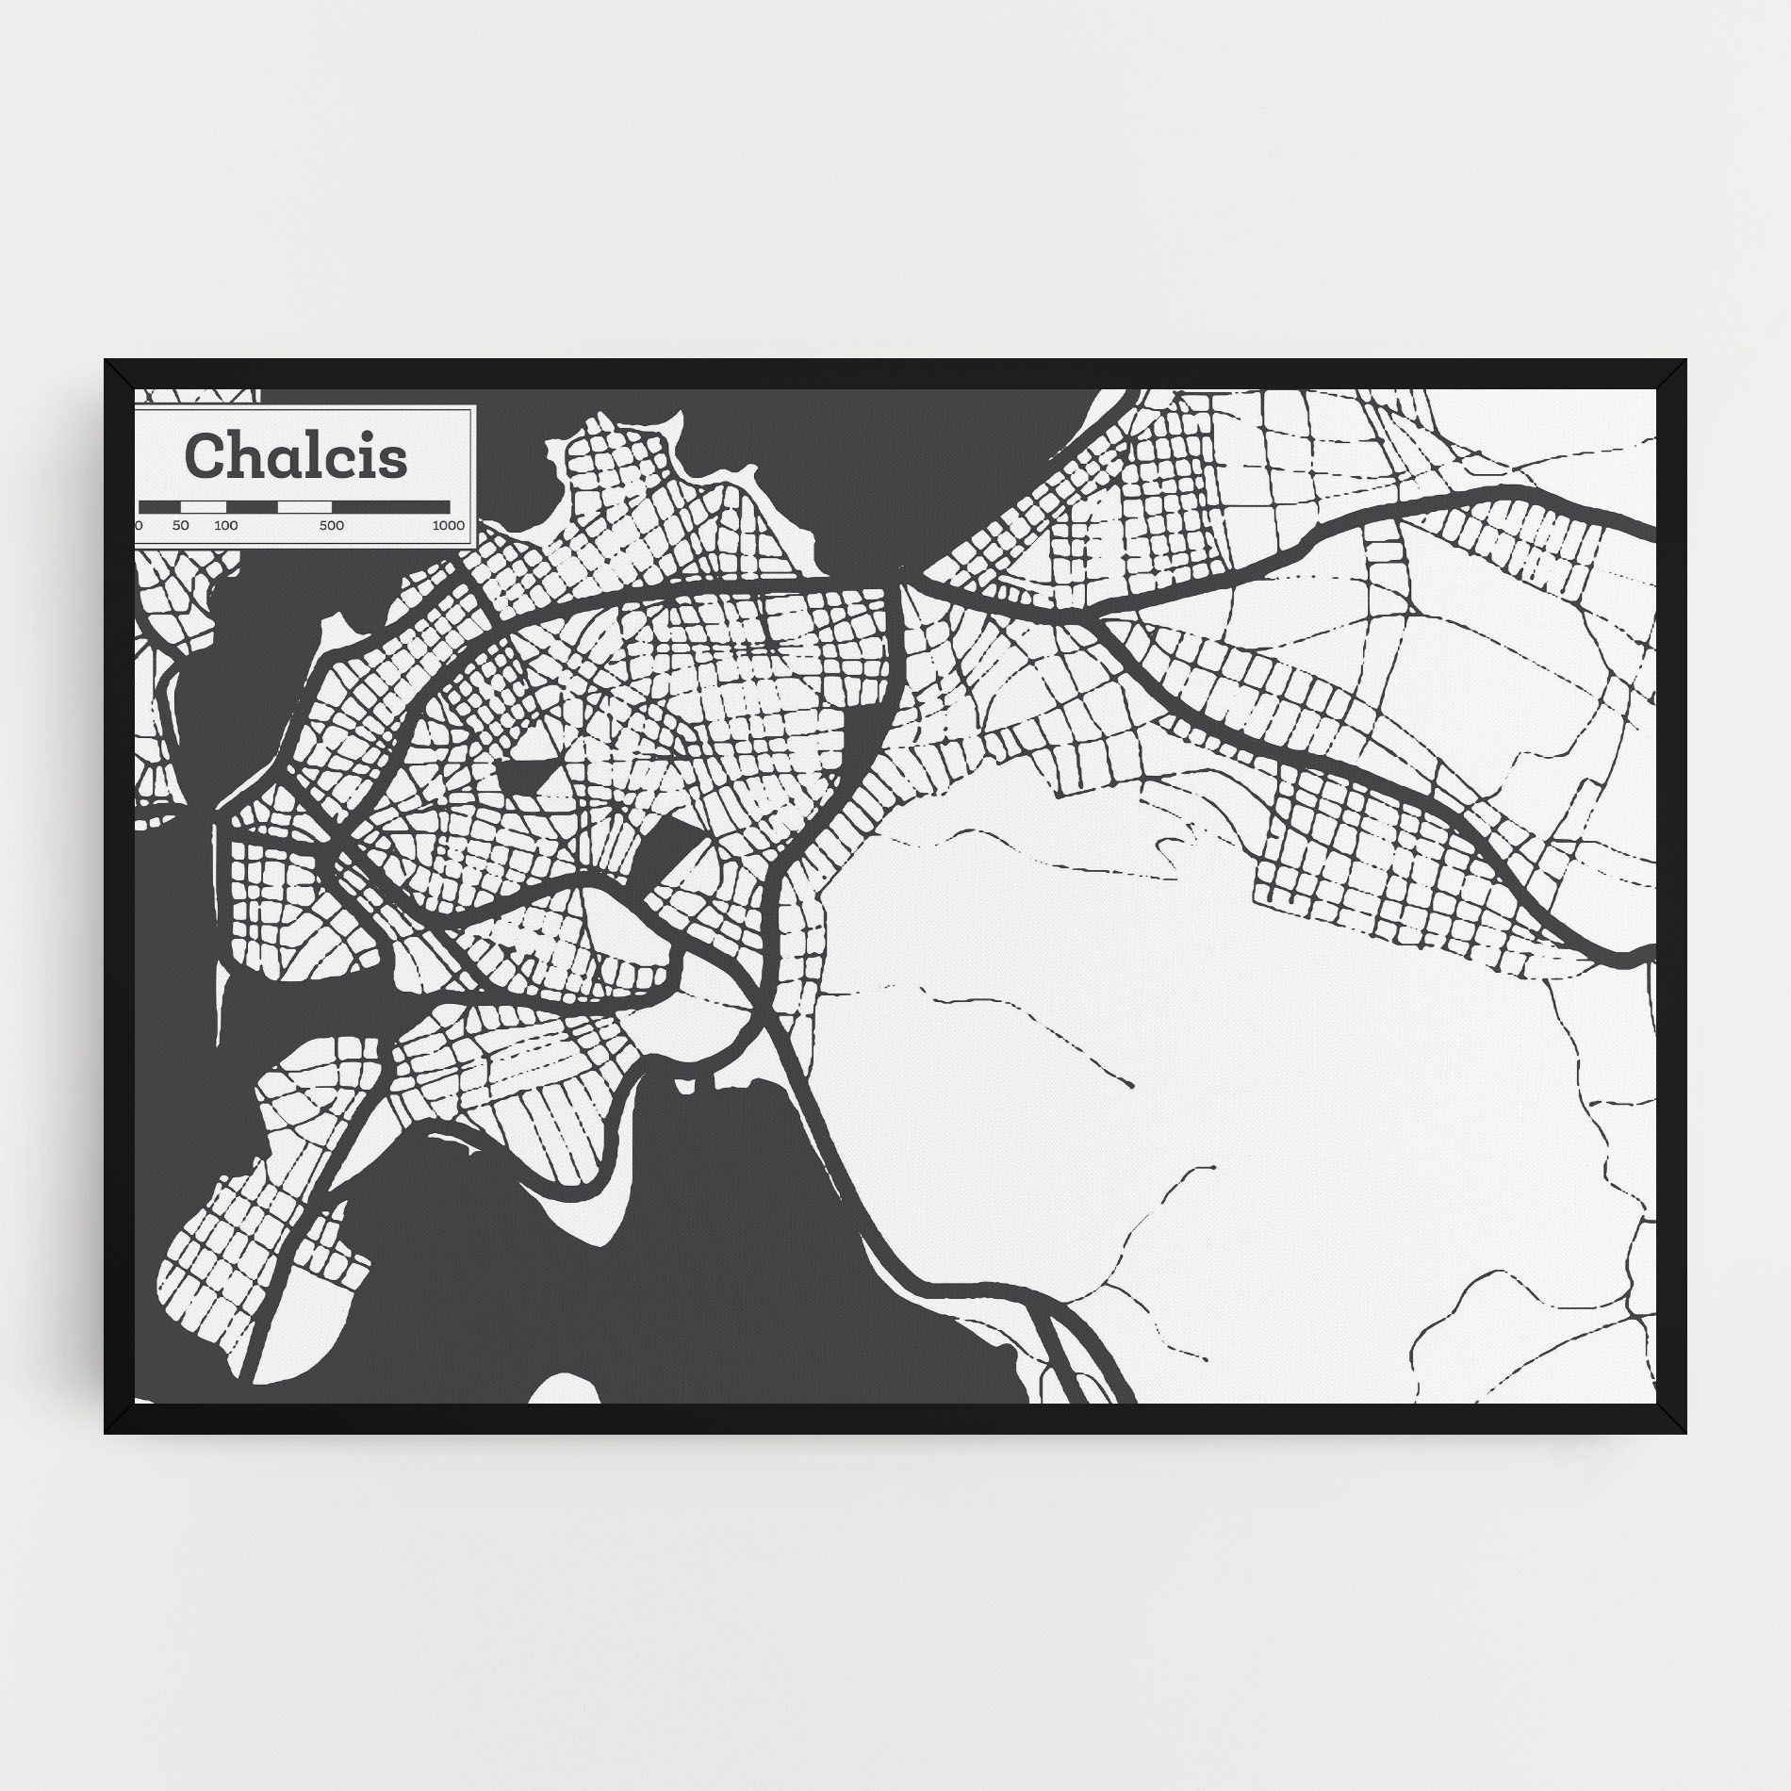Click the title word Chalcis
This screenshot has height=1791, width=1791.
pos(297,455)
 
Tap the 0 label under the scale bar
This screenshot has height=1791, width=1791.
pos(139,525)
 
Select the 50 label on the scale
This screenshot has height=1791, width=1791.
pos(181,525)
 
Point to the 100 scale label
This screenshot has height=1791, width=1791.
pos(225,525)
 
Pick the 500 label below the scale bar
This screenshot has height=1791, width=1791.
pos(331,525)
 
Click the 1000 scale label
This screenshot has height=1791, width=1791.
pos(449,525)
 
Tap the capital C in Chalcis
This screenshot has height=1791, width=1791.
pos(205,455)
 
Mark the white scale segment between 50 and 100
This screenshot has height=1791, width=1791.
pos(203,507)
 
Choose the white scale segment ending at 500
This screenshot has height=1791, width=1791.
pos(304,507)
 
